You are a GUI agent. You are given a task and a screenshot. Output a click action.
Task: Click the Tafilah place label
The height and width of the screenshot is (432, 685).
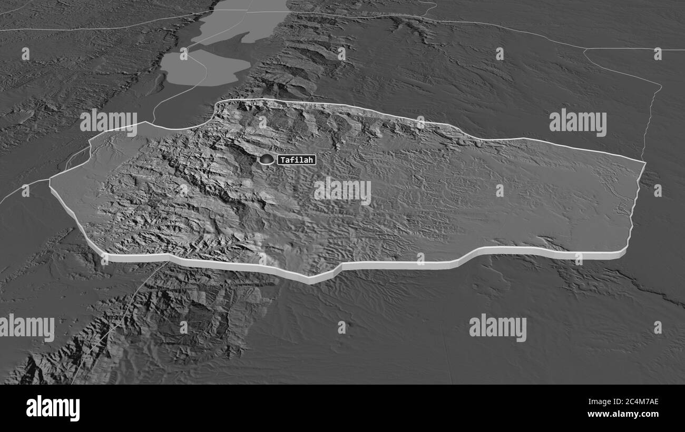pyautogui.click(x=296, y=159)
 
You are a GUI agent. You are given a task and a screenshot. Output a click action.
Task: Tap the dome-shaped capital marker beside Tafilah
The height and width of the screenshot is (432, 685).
pyautogui.click(x=267, y=159)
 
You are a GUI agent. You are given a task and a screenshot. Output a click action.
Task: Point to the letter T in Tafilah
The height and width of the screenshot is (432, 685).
pyautogui.click(x=282, y=159)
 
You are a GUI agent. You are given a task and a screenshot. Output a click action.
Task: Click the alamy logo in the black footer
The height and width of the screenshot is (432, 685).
pyautogui.click(x=53, y=408)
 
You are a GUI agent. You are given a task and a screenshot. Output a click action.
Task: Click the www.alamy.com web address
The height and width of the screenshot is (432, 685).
pyautogui.click(x=625, y=414)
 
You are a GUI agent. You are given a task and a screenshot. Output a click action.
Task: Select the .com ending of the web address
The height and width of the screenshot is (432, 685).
pyautogui.click(x=649, y=414)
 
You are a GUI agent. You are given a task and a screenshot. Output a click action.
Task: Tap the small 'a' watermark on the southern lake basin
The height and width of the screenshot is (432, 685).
pyautogui.click(x=184, y=54)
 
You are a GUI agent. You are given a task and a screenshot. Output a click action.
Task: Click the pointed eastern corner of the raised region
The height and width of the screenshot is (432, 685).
pyautogui.click(x=645, y=162)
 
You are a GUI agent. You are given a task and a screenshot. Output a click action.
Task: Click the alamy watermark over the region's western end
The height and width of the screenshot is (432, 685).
pyautogui.click(x=109, y=122)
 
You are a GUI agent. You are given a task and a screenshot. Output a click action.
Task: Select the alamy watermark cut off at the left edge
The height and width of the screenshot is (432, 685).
pyautogui.click(x=26, y=327)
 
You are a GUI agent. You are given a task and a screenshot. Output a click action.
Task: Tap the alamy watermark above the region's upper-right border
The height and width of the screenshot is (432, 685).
pyautogui.click(x=578, y=122)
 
